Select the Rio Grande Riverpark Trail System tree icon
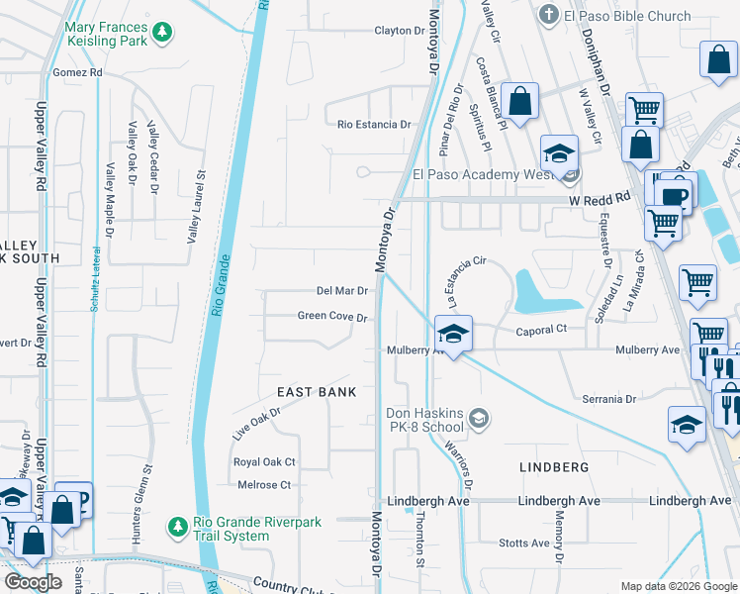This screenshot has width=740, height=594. (177, 525)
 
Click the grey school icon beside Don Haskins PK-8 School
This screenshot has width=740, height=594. (479, 419)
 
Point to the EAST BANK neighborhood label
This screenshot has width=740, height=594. (317, 392)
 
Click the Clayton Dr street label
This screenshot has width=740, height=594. (399, 31)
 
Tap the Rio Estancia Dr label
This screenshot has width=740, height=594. (374, 125)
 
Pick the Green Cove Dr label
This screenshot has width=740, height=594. (333, 318)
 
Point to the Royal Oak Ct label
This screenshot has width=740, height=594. (264, 462)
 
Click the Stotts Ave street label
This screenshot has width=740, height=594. (524, 544)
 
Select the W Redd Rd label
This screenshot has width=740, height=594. (600, 199)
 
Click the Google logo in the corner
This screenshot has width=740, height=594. (33, 582)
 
